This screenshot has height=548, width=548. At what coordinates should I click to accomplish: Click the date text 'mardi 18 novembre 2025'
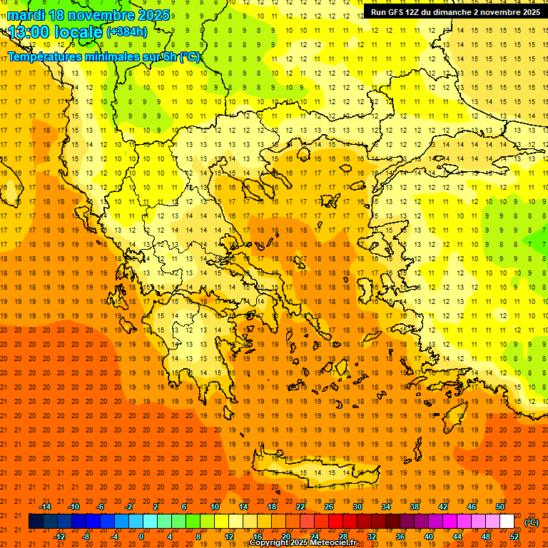89,15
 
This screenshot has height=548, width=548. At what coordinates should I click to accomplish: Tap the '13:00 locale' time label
56,32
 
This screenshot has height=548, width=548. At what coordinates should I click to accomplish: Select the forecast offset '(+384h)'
127,32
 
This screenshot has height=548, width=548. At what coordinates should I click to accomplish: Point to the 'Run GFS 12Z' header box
455,12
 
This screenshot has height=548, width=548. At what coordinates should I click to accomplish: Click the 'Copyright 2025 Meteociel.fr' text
303,543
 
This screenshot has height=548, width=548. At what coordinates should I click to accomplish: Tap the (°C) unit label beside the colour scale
531,522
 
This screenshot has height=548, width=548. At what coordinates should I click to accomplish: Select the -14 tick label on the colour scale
45,507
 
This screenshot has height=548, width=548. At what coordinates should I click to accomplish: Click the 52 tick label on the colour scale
514,537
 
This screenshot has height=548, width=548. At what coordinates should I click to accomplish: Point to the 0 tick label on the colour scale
141,537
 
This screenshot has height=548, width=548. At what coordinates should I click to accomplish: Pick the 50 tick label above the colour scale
500,507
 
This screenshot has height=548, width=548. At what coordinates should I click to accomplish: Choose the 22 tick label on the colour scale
300,507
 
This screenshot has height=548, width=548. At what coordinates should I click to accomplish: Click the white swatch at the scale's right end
507,522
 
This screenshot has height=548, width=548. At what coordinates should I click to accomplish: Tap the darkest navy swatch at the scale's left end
36,522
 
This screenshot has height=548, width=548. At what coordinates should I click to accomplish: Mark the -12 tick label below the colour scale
59,537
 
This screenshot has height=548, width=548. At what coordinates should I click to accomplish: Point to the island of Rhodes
454,421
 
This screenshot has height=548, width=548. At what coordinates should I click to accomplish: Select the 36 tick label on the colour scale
400,537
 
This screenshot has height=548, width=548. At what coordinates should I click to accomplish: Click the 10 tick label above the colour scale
215,507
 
